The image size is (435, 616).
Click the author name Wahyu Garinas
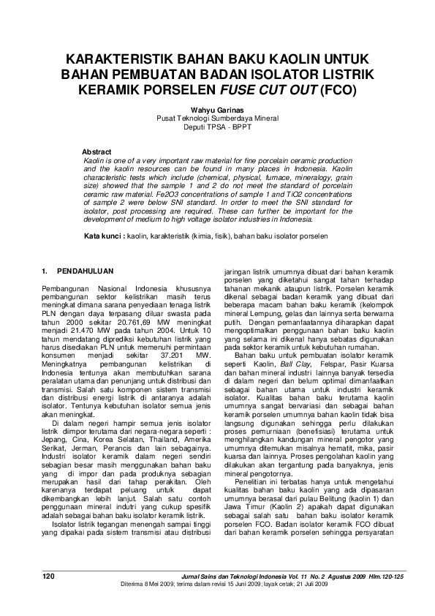(x=217, y=108)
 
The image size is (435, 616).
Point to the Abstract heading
(x=97, y=151)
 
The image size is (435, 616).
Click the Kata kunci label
(x=103, y=238)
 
